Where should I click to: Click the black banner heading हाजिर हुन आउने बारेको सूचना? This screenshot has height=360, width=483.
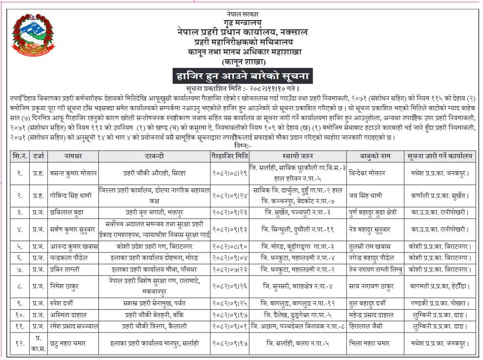243,77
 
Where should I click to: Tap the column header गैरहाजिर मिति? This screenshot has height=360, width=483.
229,157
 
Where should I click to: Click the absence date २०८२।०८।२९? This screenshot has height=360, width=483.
229,173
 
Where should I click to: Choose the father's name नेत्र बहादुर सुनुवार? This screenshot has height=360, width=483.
372,228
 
